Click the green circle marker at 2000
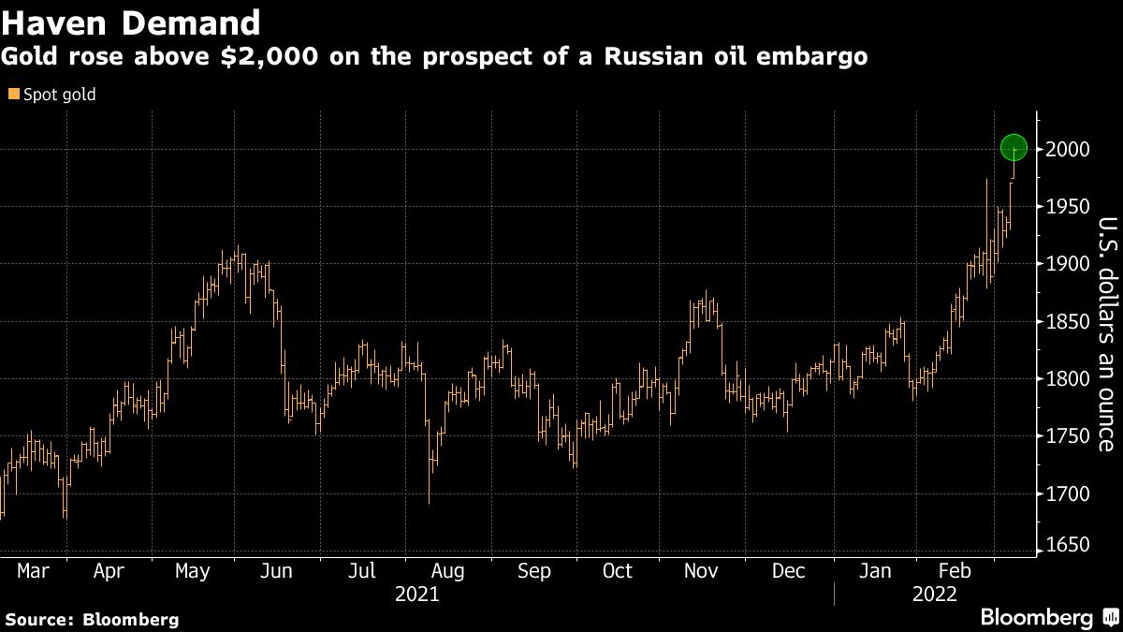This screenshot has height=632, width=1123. click(1014, 148)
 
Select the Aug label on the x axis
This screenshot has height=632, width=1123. click(447, 570)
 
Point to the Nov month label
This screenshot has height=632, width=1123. click(701, 570)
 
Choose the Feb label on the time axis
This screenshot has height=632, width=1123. click(956, 570)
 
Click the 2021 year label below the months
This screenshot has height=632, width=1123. click(417, 594)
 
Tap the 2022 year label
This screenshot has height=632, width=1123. click(934, 594)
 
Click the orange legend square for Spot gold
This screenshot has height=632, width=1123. click(12, 95)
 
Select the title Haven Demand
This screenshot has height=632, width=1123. click(132, 22)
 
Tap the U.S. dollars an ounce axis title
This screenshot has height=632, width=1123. click(1107, 333)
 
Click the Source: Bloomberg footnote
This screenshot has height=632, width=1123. click(92, 619)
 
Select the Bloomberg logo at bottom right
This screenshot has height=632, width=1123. click(1037, 618)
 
